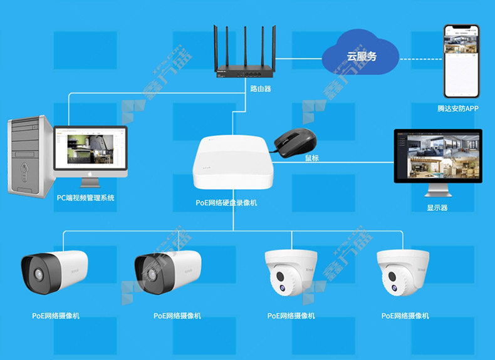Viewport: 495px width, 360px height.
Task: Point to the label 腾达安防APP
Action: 457,108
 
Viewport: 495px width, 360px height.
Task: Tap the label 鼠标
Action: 311,158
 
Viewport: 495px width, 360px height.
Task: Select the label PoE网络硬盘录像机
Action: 226,203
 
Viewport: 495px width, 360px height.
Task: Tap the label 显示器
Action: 437,208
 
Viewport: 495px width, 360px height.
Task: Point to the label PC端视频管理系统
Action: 86,198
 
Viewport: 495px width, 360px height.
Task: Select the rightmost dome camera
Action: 404,272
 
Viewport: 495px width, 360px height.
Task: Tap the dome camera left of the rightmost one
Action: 291,272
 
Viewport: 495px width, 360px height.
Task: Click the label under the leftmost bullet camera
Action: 56,316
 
